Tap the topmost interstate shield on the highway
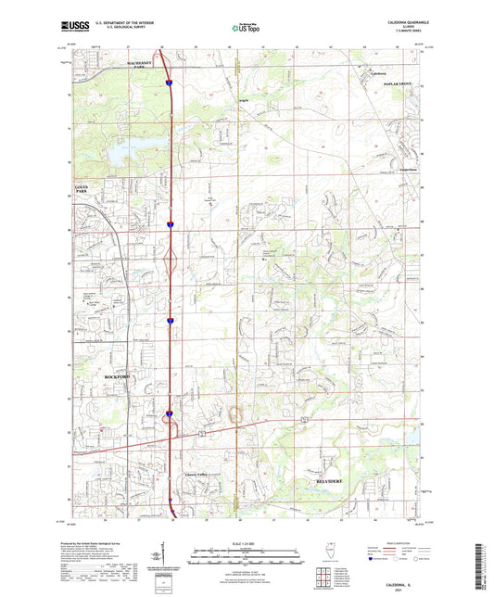[170, 84]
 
